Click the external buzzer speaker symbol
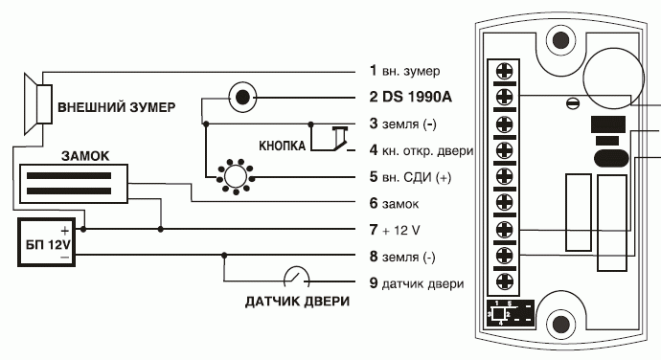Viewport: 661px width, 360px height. click(38, 104)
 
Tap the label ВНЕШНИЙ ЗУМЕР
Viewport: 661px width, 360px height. click(116, 107)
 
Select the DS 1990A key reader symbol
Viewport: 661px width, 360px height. click(242, 98)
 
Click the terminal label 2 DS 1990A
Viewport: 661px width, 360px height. click(410, 97)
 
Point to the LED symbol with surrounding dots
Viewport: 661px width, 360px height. click(236, 176)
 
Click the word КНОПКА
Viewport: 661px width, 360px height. click(282, 146)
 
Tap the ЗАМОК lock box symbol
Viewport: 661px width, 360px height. click(74, 184)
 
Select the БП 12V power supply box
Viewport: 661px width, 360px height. click(46, 242)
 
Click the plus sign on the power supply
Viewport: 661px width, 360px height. click(64, 231)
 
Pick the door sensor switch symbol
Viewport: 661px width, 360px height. click(296, 277)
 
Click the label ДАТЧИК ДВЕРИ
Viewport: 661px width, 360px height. click(297, 302)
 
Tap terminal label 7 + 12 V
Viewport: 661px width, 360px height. click(395, 230)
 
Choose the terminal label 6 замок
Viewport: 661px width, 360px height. click(394, 204)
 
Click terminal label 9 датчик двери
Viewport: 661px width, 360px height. click(417, 283)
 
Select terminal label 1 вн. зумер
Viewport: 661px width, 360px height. click(404, 71)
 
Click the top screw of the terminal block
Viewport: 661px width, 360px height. click(504, 71)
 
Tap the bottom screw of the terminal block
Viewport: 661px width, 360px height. click(504, 281)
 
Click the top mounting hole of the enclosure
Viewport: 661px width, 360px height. click(560, 40)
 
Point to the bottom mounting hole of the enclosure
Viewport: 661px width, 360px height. click(560, 324)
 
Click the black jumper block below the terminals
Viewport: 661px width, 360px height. click(510, 313)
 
